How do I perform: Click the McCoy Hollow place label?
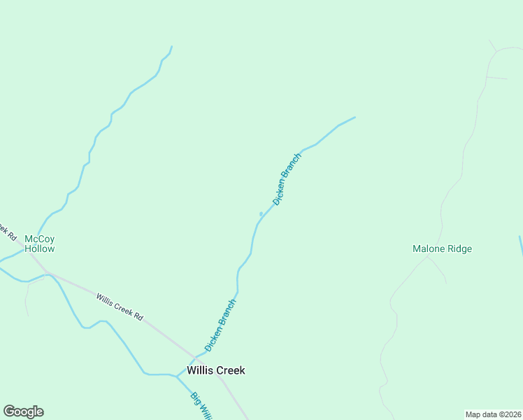(x=39, y=244)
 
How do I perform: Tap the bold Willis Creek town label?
(x=216, y=370)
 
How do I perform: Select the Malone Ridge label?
(x=442, y=248)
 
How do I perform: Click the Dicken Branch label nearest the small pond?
(x=287, y=178)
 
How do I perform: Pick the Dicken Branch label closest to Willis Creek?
(x=220, y=325)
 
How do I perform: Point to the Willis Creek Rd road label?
(x=120, y=307)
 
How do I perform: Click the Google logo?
(x=23, y=412)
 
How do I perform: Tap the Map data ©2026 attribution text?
(x=493, y=414)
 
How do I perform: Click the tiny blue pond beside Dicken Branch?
(x=261, y=213)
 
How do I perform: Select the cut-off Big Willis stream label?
(x=201, y=406)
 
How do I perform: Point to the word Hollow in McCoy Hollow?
(x=39, y=248)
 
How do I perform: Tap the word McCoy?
(x=39, y=239)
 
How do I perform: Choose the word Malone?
(x=428, y=248)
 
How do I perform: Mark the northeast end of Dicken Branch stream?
(x=354, y=117)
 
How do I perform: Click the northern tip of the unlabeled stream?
(x=171, y=47)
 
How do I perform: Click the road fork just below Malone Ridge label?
(x=427, y=257)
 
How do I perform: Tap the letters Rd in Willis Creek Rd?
(x=138, y=316)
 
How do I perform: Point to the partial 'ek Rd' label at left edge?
(x=7, y=231)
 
